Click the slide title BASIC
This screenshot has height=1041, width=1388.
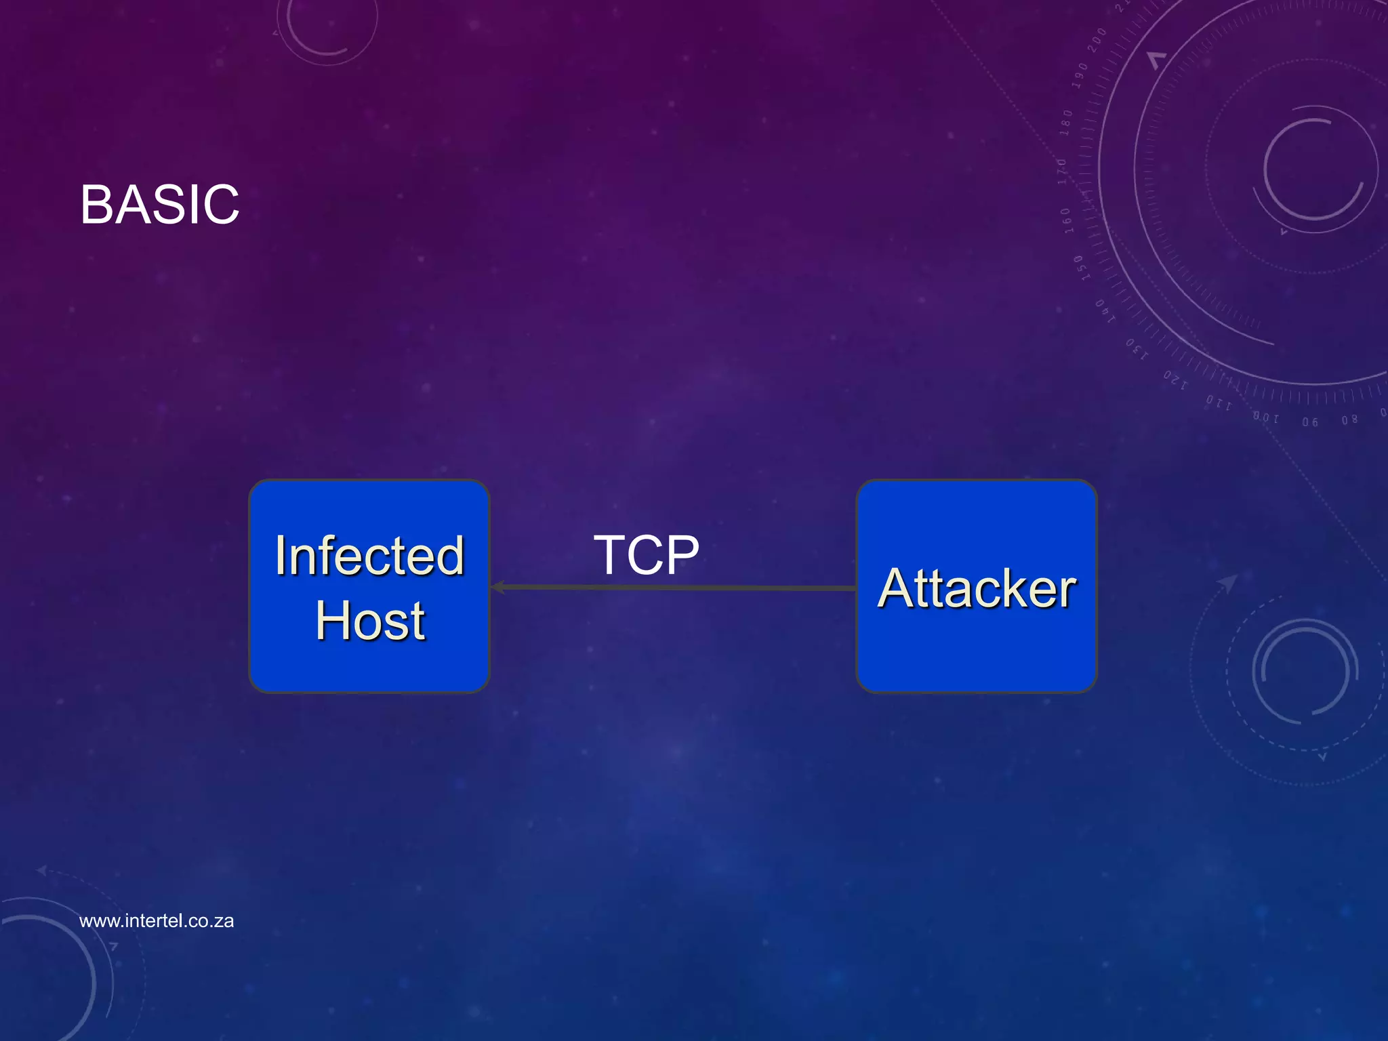159,204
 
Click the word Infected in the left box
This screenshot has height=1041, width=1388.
369,556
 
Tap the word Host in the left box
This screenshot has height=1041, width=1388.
370,621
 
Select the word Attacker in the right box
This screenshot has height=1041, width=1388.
976,588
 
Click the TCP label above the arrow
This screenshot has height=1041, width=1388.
646,555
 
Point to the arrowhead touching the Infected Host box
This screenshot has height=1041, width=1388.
498,587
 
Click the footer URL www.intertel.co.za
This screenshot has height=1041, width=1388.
157,921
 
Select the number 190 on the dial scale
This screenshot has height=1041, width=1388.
1080,76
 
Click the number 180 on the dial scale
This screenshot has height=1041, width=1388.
1067,122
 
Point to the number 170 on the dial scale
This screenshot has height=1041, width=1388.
1062,171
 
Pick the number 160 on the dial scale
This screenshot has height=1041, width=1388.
1066,221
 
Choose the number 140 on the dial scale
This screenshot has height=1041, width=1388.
1105,310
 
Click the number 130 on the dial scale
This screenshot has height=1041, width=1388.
1137,348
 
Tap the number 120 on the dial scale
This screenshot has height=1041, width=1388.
1175,380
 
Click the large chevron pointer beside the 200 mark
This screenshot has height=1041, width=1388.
1156,60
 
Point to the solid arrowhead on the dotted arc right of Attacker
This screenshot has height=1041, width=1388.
1227,582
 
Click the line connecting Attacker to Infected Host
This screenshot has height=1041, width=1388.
678,588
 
